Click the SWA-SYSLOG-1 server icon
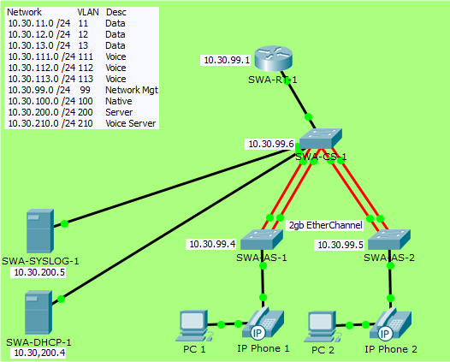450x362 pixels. [39, 229]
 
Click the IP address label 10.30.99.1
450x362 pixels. [227, 61]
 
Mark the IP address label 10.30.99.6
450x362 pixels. [271, 145]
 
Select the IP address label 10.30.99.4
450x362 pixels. [212, 244]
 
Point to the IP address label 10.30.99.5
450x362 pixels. [340, 244]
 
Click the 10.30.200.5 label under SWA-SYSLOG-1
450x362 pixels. [39, 272]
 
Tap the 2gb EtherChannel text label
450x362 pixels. [326, 225]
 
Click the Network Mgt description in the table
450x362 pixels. [131, 90]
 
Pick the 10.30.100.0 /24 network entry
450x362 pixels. [39, 101]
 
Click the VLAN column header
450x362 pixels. [88, 12]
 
